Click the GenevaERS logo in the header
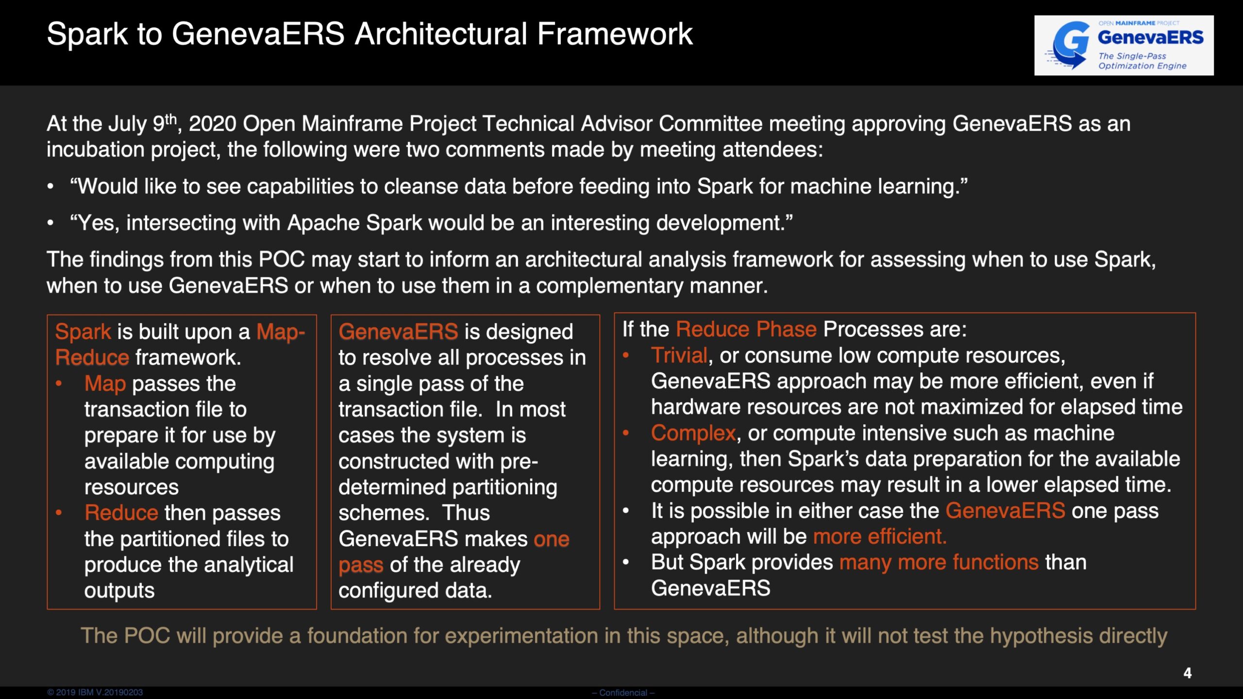point(1124,45)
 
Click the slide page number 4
point(1187,673)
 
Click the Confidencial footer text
point(623,693)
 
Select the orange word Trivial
point(679,355)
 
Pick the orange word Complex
point(693,433)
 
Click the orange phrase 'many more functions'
point(939,563)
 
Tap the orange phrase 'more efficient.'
point(880,536)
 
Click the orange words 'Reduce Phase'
point(746,330)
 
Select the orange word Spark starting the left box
point(83,332)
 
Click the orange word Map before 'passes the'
point(105,384)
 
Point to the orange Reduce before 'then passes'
point(121,513)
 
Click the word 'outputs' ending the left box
point(119,591)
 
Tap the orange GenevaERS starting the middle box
point(398,332)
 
